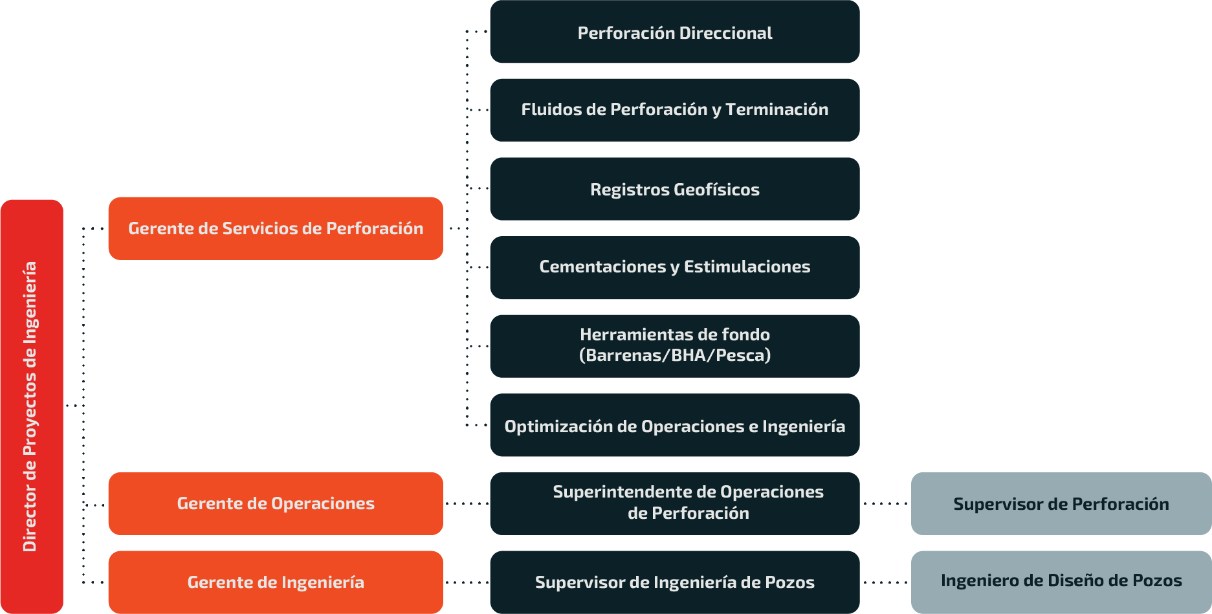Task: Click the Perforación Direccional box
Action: tap(674, 32)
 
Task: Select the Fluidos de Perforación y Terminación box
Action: tap(674, 110)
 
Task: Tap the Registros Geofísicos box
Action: tap(674, 189)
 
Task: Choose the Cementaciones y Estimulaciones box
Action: tap(674, 267)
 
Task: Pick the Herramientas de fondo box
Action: tap(674, 346)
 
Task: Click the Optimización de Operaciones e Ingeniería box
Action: tap(674, 425)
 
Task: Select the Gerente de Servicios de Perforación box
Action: tap(276, 228)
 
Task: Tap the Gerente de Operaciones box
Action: tap(276, 503)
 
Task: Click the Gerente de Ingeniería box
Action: tap(276, 582)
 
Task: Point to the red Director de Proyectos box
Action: tap(32, 406)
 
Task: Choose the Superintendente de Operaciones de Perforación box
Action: tap(674, 503)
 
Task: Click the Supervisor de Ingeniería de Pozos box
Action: tap(674, 582)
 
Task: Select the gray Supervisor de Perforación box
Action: tap(1061, 503)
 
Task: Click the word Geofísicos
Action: tap(716, 190)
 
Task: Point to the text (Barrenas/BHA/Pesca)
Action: tap(675, 355)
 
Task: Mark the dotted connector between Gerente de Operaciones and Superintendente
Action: tap(467, 503)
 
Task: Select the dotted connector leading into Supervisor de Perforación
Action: tap(885, 503)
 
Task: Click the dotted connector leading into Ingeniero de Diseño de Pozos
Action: tap(885, 582)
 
